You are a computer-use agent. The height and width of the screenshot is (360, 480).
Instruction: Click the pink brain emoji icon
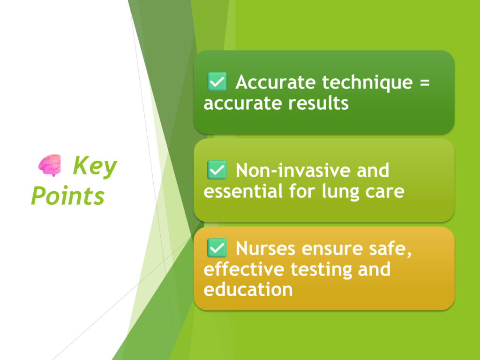point(50,165)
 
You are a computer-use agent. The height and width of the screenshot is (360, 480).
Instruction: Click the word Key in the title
point(95,166)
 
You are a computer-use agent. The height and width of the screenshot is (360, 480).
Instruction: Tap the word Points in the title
point(67,195)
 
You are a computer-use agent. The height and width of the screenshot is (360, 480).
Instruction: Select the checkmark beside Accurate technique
point(217,82)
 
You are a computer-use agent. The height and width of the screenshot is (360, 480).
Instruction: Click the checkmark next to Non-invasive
point(217,170)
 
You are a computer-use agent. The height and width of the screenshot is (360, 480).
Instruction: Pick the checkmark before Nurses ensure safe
point(217,248)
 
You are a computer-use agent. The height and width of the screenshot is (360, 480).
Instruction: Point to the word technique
point(367,83)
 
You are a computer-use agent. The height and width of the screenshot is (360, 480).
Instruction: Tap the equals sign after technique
point(425,82)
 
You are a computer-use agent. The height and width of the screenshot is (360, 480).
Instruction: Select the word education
point(248,289)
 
